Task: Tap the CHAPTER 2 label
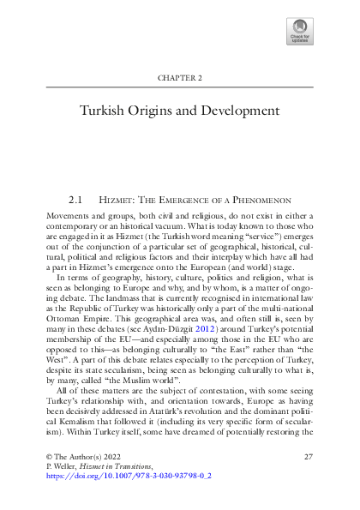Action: click(180, 78)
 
